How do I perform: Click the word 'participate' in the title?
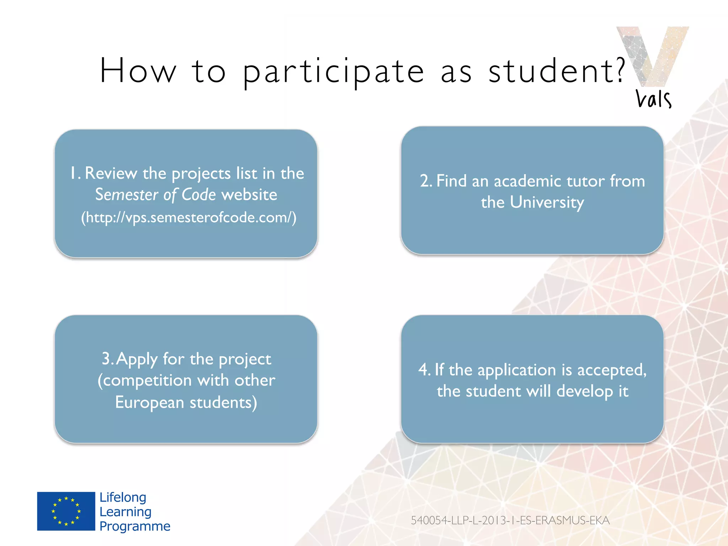333,71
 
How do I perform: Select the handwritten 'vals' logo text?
653,99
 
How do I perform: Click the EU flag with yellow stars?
66,511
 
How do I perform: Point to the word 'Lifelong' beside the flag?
123,497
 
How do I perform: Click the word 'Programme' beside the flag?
135,526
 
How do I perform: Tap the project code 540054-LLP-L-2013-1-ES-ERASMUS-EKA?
510,520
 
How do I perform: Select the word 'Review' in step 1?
111,173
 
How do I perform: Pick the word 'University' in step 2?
547,203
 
